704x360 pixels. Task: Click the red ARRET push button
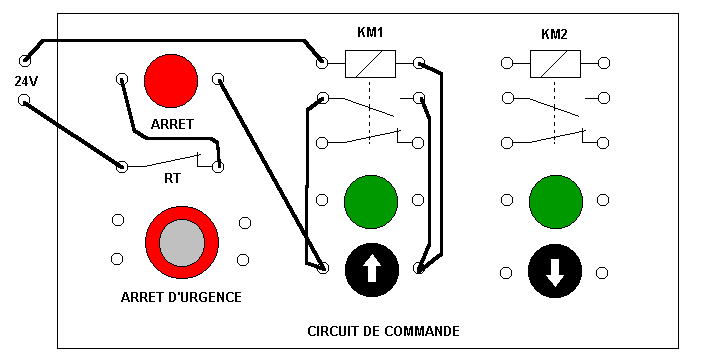(x=171, y=81)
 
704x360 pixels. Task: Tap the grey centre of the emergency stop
(x=182, y=243)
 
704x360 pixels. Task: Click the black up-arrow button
(x=372, y=270)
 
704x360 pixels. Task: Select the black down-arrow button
(x=555, y=271)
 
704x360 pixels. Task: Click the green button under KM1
(x=371, y=202)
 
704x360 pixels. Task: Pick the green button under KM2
(x=556, y=202)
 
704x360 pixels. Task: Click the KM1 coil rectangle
(x=370, y=64)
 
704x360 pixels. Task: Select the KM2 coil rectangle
(x=555, y=64)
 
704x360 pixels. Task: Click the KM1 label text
(x=370, y=32)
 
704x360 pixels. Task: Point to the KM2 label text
(x=554, y=34)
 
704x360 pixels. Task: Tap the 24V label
(x=26, y=81)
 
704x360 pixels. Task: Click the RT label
(x=172, y=178)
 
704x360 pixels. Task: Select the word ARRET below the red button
(x=172, y=124)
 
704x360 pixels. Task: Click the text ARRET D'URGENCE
(x=181, y=297)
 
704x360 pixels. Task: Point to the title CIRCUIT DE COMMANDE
(x=383, y=331)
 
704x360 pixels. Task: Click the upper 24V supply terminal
(x=25, y=60)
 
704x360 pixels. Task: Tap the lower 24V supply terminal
(x=24, y=100)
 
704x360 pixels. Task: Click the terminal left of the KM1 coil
(x=322, y=62)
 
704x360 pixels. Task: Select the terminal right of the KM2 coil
(x=604, y=63)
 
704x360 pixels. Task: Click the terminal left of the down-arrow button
(x=506, y=273)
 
